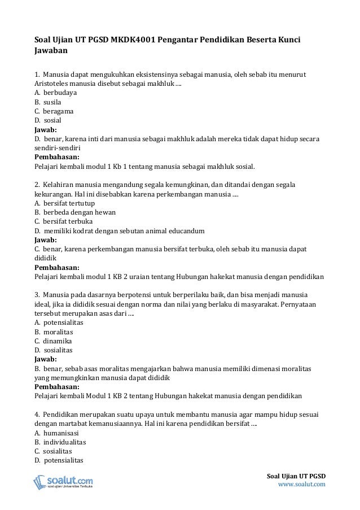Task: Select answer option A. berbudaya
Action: (56, 92)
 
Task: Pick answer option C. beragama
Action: (54, 111)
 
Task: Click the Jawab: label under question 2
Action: (46, 239)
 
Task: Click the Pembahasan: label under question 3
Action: (57, 387)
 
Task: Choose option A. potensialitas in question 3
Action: (59, 322)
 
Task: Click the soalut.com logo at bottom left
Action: (63, 482)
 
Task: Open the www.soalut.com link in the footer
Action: (302, 484)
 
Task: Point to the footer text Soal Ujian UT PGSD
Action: (296, 475)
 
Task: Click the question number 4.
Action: (37, 415)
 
